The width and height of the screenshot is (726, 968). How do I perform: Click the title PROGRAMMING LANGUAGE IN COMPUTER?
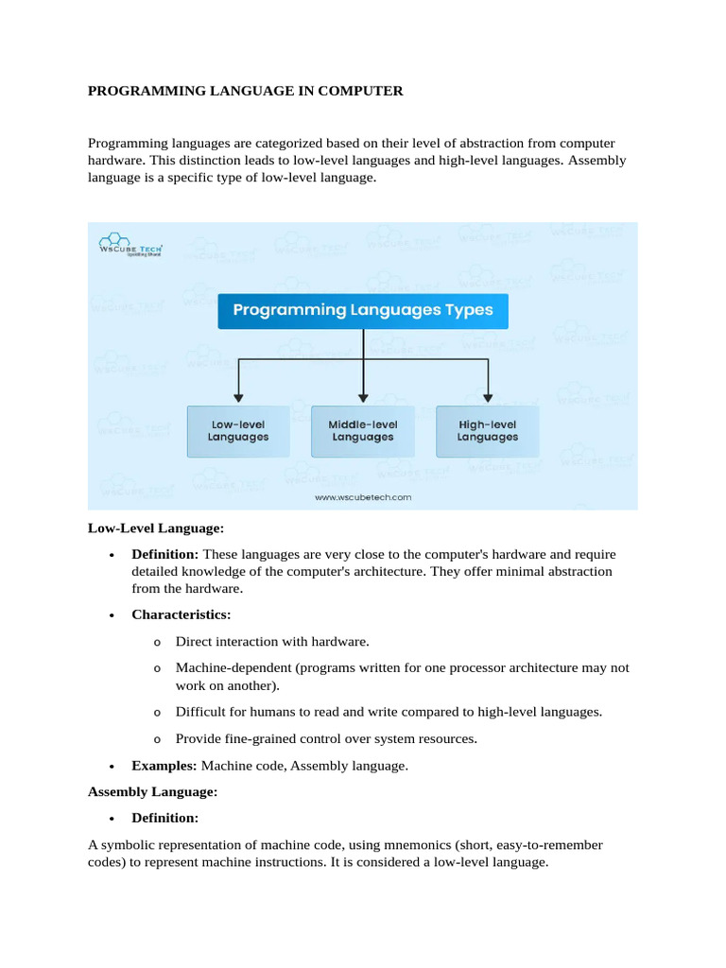point(246,92)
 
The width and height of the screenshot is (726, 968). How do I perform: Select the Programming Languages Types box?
point(363,309)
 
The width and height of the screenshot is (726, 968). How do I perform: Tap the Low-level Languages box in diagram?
point(238,431)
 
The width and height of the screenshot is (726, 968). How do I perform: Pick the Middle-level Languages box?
point(363,431)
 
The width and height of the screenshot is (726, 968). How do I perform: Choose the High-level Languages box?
point(488,431)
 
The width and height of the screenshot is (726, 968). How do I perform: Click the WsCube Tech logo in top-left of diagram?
point(131,246)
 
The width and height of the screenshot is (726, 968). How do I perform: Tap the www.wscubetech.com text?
point(363,496)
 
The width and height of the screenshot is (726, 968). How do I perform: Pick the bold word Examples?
point(164,766)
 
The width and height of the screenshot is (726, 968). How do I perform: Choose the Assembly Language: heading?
point(153,790)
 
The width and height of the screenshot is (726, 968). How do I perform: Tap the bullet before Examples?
point(112,767)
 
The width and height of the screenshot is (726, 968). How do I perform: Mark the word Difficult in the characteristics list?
point(200,711)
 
